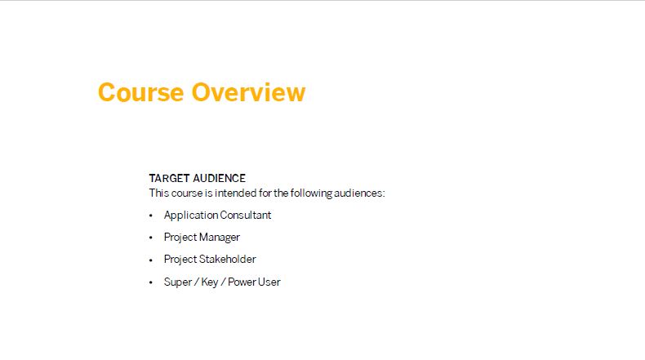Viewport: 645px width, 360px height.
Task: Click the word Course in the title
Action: click(140, 92)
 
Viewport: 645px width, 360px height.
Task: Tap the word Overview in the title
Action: click(248, 92)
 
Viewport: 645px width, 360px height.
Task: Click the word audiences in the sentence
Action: click(359, 193)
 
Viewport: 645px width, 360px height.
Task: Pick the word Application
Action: click(191, 216)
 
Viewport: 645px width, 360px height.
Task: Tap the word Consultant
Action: click(246, 216)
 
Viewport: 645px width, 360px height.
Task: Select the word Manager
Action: click(220, 238)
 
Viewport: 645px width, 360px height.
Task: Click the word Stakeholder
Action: click(227, 260)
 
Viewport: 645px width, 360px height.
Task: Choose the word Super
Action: click(178, 282)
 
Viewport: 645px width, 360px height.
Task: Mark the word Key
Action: click(209, 282)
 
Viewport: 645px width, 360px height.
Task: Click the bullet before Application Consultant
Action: click(151, 216)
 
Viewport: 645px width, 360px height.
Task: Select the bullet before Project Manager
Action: click(151, 238)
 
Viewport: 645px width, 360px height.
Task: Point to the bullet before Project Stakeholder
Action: click(151, 260)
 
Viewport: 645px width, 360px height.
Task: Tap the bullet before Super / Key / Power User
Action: click(151, 282)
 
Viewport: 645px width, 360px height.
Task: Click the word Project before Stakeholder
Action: click(180, 260)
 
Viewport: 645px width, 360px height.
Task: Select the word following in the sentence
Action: click(311, 193)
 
